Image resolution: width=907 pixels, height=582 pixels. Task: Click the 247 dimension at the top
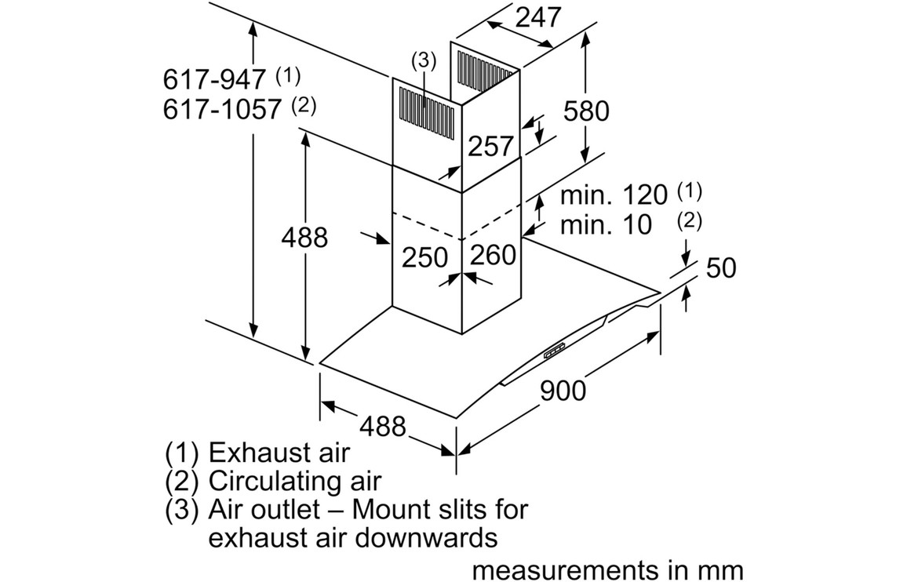pos(539,16)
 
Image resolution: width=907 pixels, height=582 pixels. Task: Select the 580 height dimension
pos(586,111)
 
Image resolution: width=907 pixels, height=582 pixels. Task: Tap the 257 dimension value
pos(490,146)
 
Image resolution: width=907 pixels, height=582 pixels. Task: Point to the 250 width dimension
pos(424,256)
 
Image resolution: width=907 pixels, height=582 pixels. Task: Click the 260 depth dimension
pos(494,254)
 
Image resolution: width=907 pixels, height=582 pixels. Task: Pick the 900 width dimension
pos(563,390)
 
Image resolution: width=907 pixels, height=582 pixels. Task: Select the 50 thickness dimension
pos(721,267)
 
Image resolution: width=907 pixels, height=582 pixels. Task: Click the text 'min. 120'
pos(613,195)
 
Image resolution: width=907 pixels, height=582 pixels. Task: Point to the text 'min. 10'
pos(606,225)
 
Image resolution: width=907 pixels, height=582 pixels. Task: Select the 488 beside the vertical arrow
pos(304,237)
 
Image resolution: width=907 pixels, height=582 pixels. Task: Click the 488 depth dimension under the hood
pos(383,426)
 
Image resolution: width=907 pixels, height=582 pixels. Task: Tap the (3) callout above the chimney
pos(423,60)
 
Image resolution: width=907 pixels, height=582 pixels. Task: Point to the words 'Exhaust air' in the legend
pos(279,453)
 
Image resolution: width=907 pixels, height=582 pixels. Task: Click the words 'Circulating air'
pos(294,481)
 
